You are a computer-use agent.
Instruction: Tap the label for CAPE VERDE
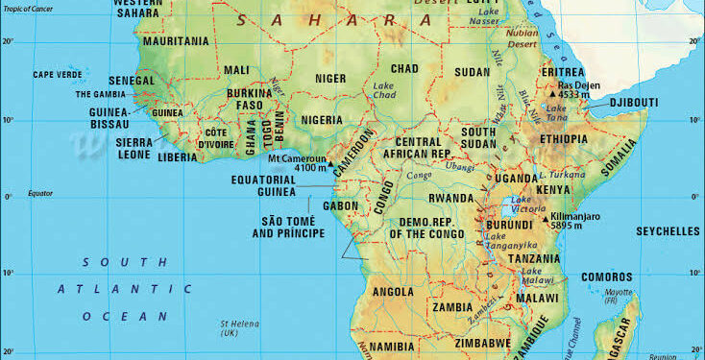tap(57, 75)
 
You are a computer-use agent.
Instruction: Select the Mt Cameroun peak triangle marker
tap(333, 163)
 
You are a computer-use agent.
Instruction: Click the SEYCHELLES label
tap(668, 231)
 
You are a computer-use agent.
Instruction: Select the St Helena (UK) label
tap(233, 329)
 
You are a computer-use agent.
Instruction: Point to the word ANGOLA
tap(392, 292)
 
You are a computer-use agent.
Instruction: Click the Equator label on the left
tap(40, 193)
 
